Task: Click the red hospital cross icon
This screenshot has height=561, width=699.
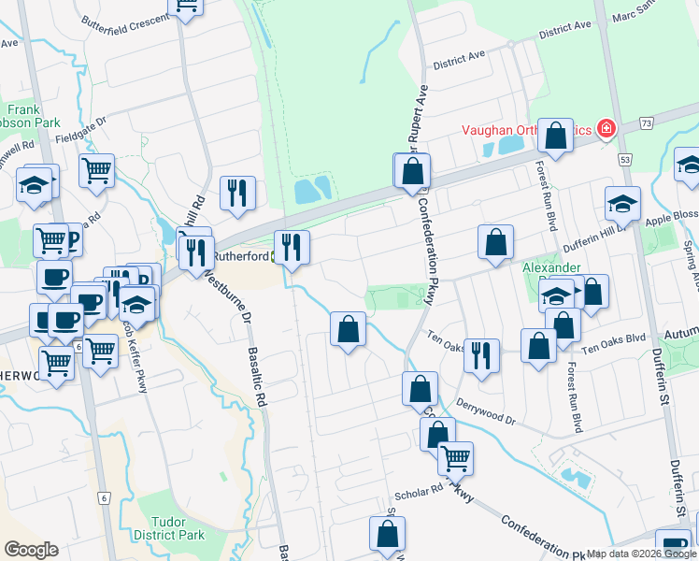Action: click(x=606, y=127)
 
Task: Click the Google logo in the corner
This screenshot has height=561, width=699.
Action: click(x=31, y=550)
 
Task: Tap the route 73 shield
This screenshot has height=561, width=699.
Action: click(x=647, y=122)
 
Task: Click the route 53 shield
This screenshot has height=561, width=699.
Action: click(x=624, y=161)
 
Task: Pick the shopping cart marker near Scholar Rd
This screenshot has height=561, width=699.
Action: click(x=455, y=458)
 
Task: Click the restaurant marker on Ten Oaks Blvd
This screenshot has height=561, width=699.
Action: click(x=481, y=356)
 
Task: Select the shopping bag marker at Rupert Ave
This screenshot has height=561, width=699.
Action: click(x=411, y=172)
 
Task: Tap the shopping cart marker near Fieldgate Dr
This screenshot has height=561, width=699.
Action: click(x=96, y=171)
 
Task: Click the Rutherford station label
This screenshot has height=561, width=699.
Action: click(x=241, y=254)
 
